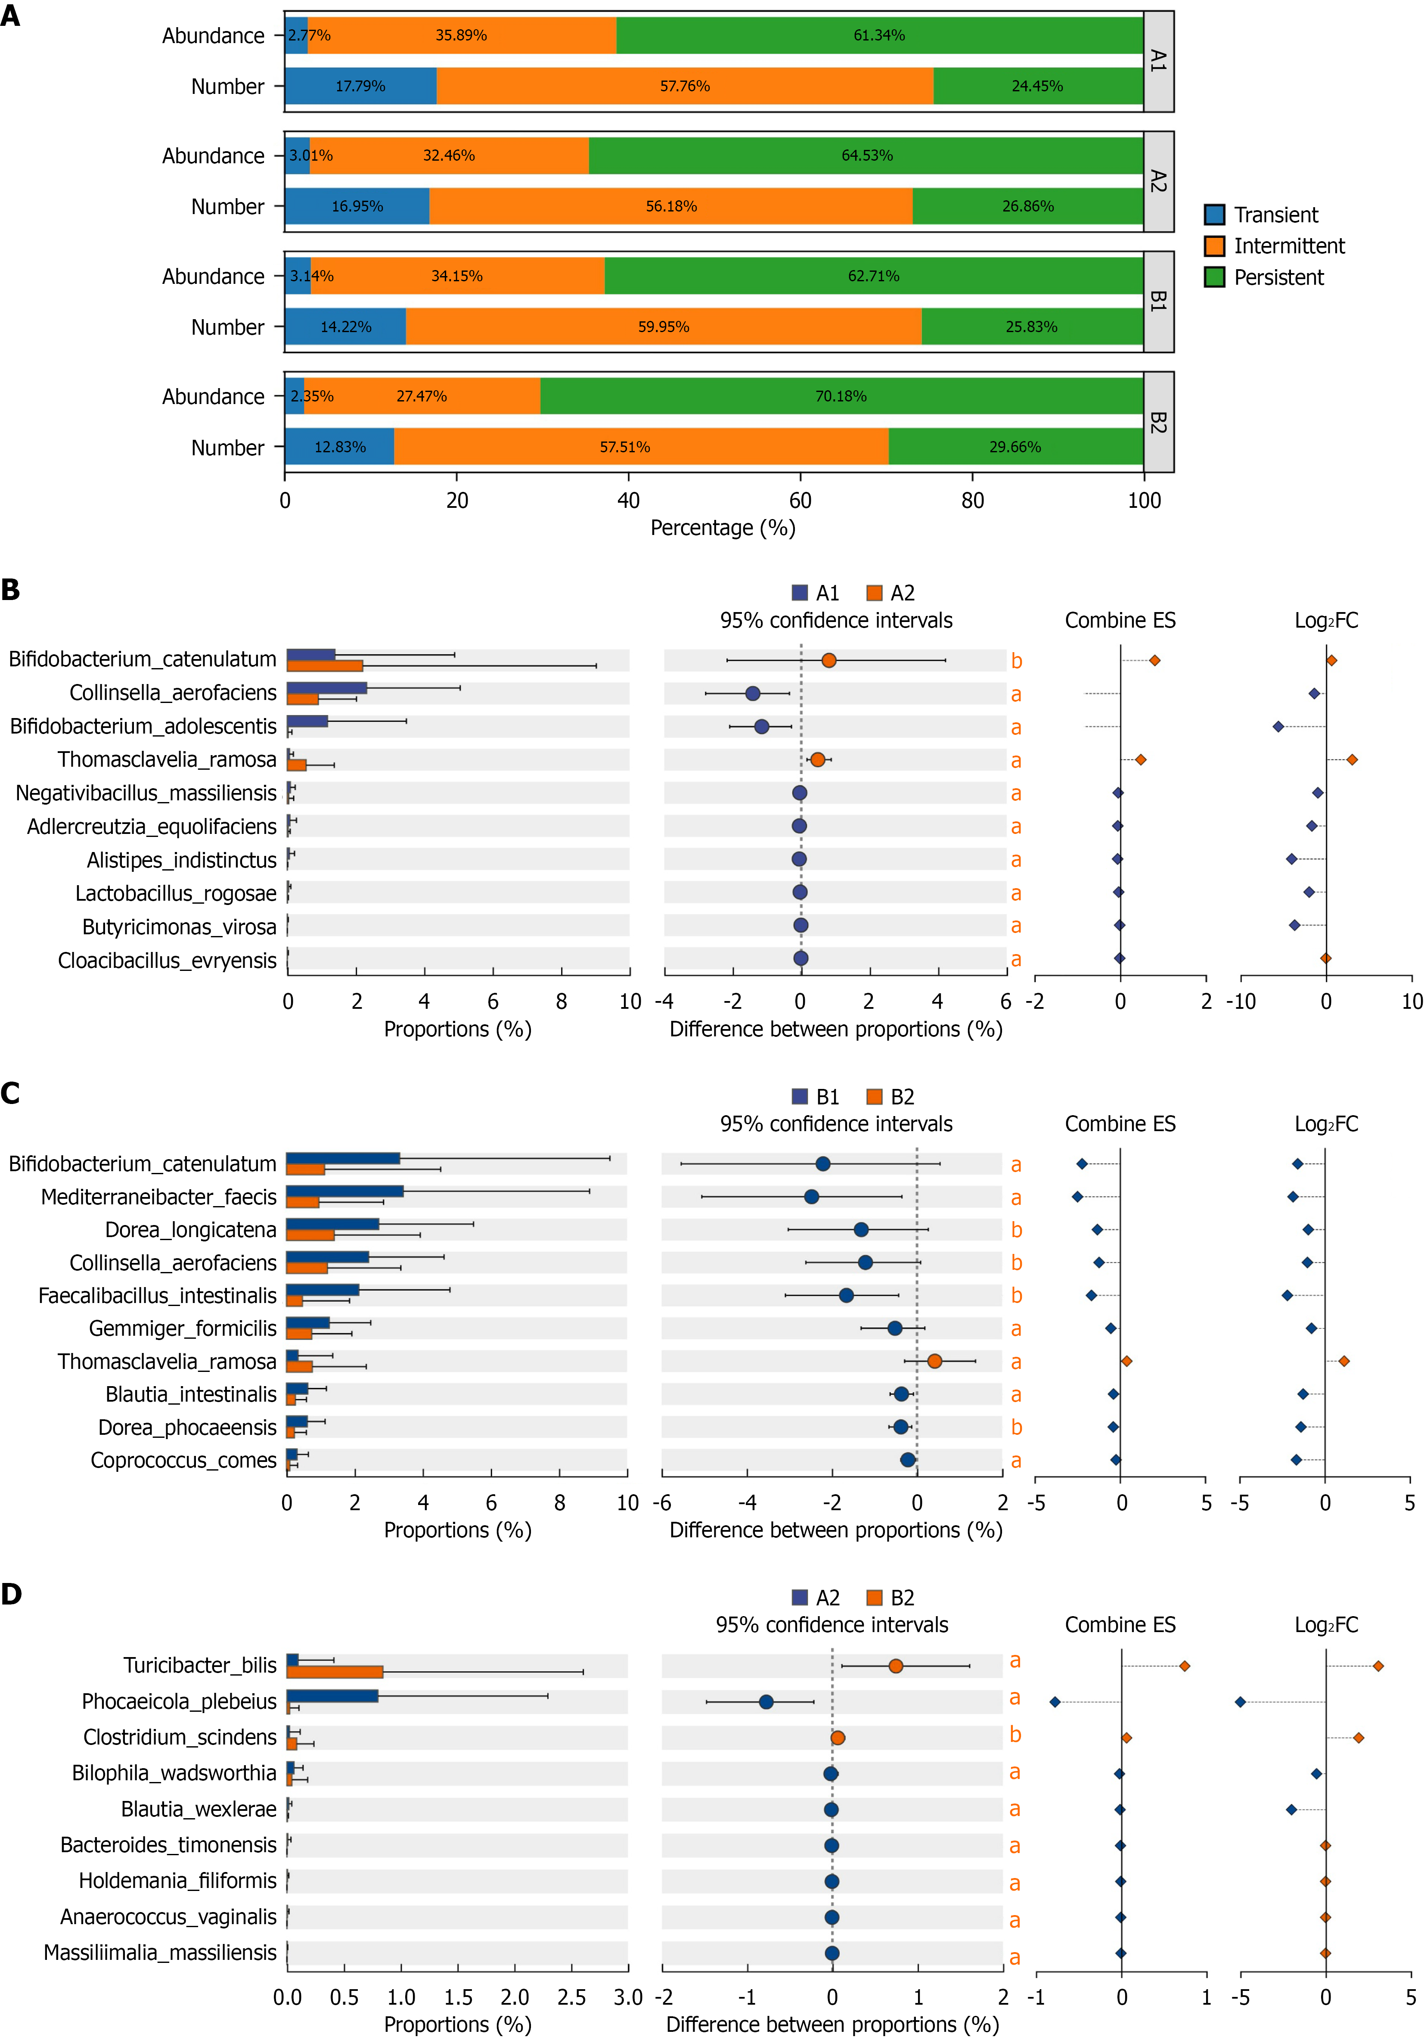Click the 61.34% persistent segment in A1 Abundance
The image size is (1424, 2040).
point(879,36)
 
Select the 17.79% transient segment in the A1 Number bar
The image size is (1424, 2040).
point(361,86)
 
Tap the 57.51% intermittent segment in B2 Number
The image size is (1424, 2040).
point(641,447)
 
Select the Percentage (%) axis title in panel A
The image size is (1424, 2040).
point(723,528)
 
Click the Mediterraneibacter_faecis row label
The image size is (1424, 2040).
point(159,1197)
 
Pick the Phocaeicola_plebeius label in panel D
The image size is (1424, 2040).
point(180,1701)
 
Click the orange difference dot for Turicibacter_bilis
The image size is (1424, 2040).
point(896,1666)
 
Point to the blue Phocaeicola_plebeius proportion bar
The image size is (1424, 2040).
point(332,1696)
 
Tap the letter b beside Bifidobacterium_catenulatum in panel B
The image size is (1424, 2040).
point(1016,661)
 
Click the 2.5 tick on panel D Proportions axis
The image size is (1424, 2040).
point(571,1997)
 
